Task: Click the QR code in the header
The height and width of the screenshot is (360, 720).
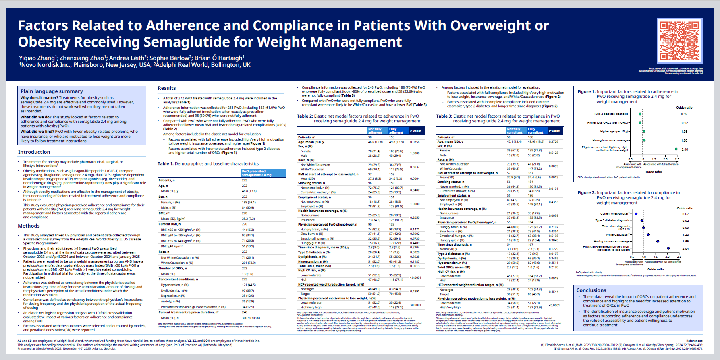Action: point(680,41)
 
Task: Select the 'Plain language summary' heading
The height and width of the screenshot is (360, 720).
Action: point(52,91)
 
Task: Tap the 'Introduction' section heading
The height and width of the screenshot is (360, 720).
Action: point(34,152)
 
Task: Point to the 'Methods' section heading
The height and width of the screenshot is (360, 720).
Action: point(29,226)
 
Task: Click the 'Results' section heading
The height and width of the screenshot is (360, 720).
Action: point(167,88)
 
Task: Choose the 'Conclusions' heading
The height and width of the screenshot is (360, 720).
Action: point(591,290)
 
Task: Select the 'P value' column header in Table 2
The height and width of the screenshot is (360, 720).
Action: point(415,131)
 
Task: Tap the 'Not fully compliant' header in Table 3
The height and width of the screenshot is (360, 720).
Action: point(515,131)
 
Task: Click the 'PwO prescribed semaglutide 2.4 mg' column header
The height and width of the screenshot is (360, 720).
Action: point(257,173)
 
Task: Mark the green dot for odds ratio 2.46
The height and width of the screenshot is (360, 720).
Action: point(676,149)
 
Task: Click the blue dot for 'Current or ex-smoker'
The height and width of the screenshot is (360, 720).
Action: point(636,214)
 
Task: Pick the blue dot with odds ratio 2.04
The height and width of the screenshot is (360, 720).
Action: point(668,248)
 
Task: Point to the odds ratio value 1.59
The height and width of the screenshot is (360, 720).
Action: point(685,242)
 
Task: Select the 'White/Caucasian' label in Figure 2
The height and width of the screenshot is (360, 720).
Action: point(618,234)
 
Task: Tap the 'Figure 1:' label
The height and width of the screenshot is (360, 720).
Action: point(586,92)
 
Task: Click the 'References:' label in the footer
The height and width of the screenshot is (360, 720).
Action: point(695,341)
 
